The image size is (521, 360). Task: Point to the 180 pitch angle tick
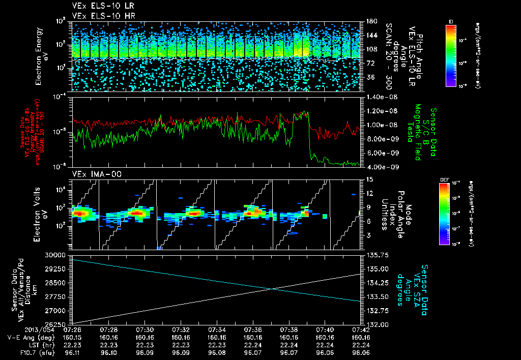pyautogui.click(x=370, y=21)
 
